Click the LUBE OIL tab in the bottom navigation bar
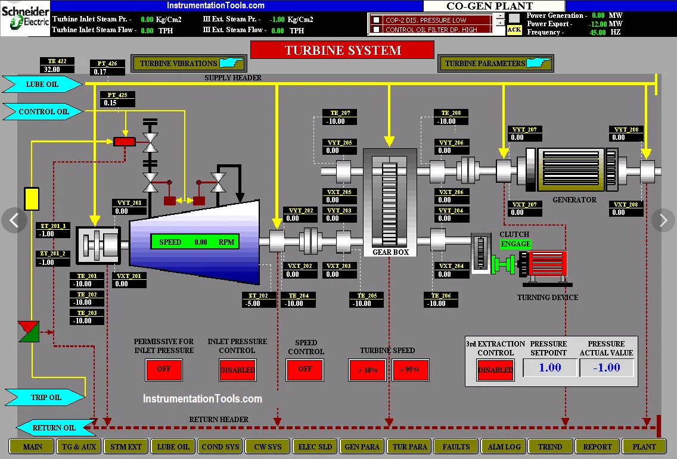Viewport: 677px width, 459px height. tap(173, 447)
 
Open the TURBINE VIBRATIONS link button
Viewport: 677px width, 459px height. tap(189, 64)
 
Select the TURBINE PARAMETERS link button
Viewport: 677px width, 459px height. tap(496, 64)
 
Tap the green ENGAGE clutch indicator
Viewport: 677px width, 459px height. tap(515, 243)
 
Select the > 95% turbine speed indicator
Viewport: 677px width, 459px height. tap(410, 370)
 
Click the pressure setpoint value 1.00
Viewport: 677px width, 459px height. tap(550, 367)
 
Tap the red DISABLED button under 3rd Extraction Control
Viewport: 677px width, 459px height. tap(495, 370)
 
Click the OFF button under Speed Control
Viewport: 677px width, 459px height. tap(305, 369)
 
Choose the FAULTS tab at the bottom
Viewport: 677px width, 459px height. tap(456, 447)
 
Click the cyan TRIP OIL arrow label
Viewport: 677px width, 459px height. tap(45, 397)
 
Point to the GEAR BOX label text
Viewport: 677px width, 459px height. tap(390, 252)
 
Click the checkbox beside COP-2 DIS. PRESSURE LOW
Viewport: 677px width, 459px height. tap(376, 20)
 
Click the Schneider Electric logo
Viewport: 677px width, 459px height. tap(25, 18)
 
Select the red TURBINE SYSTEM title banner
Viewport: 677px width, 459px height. tap(343, 50)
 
